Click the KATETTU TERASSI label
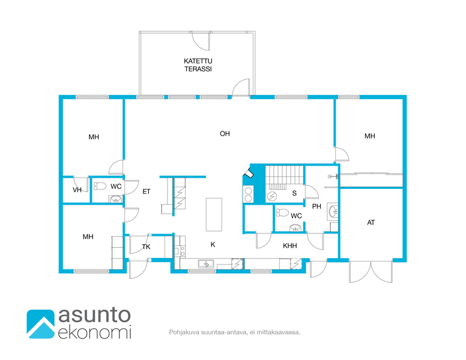coord(198,65)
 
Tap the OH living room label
coord(225,134)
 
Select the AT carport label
coord(371,222)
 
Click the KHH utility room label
coord(290,245)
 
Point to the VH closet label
coord(77,190)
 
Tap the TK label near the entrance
coord(146,247)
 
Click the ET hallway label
coord(146,191)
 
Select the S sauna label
coord(294,193)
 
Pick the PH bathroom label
coord(316,206)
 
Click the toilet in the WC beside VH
coord(100,186)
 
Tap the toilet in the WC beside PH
coord(282,212)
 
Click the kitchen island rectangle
coord(214,214)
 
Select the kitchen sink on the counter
coord(206,263)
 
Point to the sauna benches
coord(285,178)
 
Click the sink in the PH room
coord(333,211)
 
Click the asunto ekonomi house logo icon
coord(41,324)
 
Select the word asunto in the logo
coord(94,315)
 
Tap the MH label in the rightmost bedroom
coord(370,136)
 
